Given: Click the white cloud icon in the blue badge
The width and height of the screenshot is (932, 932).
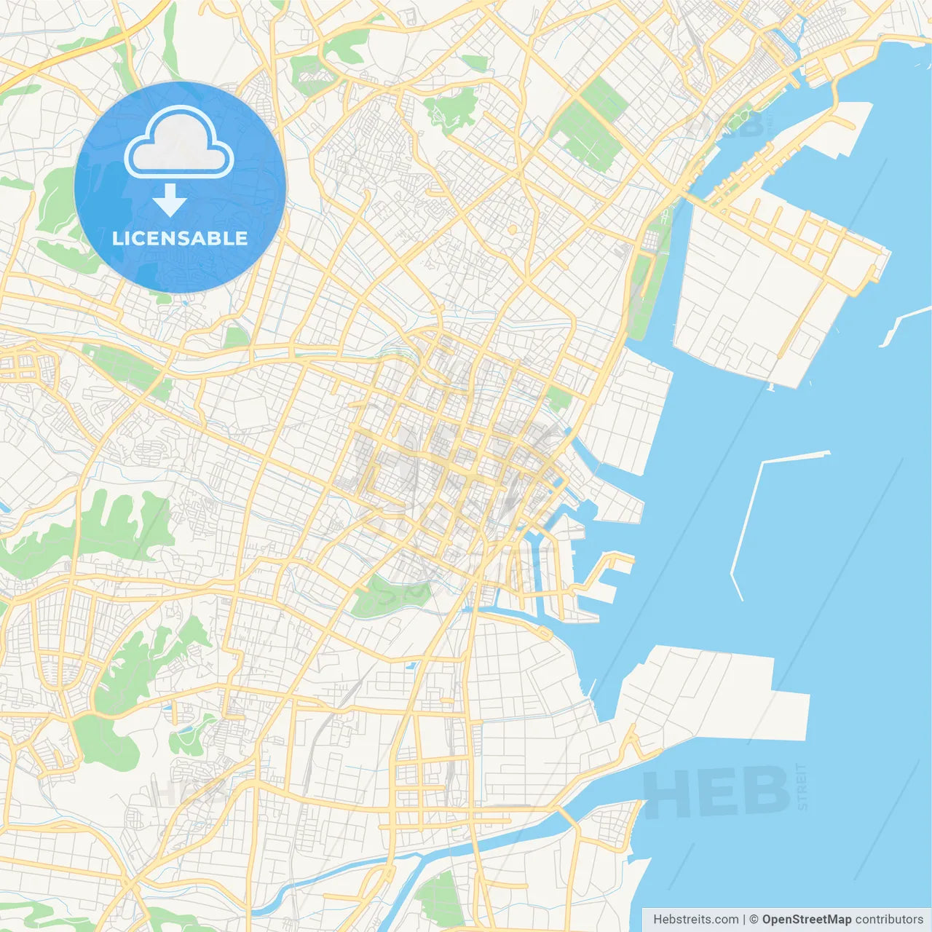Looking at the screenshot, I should tap(179, 143).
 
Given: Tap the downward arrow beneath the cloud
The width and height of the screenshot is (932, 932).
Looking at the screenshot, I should tap(170, 200).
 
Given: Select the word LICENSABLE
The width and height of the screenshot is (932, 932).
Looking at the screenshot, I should tap(180, 238).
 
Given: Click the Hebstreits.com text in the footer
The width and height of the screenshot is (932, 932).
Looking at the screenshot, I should tap(696, 920).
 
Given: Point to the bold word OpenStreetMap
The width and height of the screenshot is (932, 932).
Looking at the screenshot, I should tap(806, 920).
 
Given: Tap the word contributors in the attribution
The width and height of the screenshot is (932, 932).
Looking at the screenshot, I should tap(889, 920).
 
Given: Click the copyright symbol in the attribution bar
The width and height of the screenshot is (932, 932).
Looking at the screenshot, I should tap(754, 920).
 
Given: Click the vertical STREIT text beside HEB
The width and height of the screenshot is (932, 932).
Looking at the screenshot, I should tap(802, 787).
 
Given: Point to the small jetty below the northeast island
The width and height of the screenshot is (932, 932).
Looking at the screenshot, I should tap(770, 387).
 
